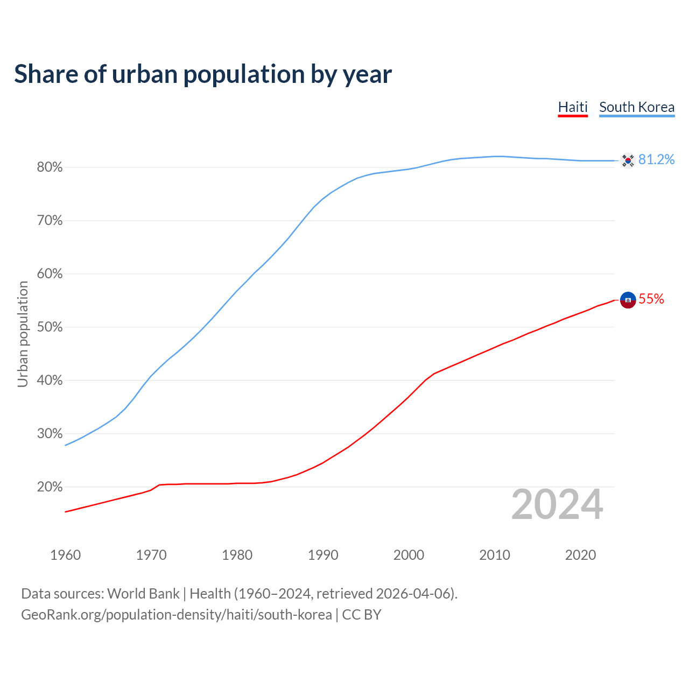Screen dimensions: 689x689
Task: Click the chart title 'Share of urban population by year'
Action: coord(203,74)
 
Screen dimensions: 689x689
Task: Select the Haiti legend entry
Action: coord(573,107)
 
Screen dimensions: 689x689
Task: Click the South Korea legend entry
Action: coord(637,107)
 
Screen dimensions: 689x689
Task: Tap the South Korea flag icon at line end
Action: coord(628,160)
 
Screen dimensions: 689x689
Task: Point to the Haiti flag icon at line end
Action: coord(628,300)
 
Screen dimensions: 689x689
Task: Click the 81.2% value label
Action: coord(656,160)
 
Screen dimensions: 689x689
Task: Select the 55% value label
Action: coord(651,299)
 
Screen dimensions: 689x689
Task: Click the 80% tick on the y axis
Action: coord(50,167)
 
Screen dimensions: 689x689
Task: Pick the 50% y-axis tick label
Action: coord(50,327)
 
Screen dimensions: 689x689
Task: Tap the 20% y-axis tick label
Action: coord(50,487)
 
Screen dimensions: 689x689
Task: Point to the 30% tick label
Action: coord(50,434)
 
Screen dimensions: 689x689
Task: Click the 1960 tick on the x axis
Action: coord(65,555)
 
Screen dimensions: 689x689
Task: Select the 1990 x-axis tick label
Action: coord(323,555)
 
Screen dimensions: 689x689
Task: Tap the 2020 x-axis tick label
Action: coord(580,555)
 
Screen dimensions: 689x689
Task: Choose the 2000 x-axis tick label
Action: coord(409,555)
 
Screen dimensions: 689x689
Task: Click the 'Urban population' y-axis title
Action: coord(23,334)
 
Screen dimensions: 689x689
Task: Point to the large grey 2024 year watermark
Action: coord(557,504)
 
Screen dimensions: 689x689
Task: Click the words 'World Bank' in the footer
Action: coord(143,594)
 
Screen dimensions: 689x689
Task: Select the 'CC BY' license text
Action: coord(362,615)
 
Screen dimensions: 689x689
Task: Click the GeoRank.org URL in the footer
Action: coord(176,615)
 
